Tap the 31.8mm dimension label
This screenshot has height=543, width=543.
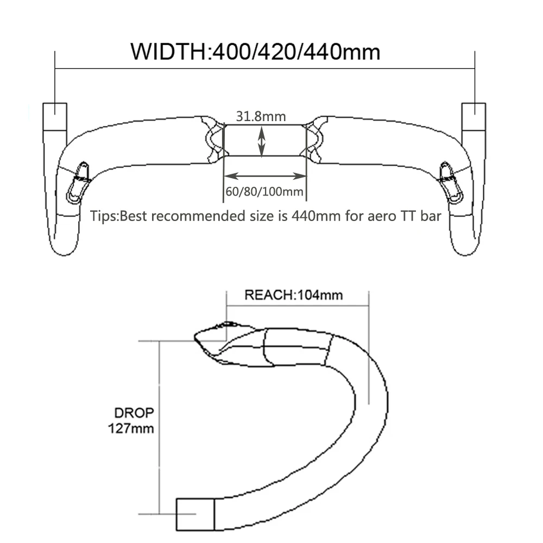point(261,116)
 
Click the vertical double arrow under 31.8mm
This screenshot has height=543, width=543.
point(262,140)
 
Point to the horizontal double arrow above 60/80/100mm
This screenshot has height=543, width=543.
point(264,176)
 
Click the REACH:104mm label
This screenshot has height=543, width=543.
point(293,295)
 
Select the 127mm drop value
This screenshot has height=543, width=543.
point(130,428)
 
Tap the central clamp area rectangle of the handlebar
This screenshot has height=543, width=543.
point(264,140)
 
